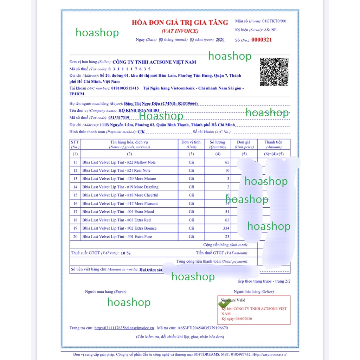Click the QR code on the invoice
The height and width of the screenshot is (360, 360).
pyautogui.click(x=274, y=72)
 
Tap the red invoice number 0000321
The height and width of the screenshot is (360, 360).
pyautogui.click(x=261, y=40)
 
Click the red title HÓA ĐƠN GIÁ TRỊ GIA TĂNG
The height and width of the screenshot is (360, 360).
pyautogui.click(x=180, y=22)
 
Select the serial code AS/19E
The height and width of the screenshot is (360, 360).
pyautogui.click(x=270, y=30)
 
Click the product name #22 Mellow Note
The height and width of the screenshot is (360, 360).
pyautogui.click(x=119, y=162)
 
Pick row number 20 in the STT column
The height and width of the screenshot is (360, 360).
pyautogui.click(x=75, y=237)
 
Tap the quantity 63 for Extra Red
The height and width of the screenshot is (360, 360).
pyautogui.click(x=227, y=220)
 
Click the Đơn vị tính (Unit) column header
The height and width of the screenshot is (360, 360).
pyautogui.click(x=191, y=144)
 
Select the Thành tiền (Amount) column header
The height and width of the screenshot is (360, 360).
pyautogui.click(x=274, y=144)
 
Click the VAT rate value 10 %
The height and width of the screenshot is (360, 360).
pyautogui.click(x=126, y=253)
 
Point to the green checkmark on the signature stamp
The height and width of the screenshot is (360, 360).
pyautogui.click(x=223, y=303)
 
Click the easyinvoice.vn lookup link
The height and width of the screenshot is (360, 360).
pyautogui.click(x=124, y=328)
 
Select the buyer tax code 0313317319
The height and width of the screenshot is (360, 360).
pyautogui.click(x=119, y=118)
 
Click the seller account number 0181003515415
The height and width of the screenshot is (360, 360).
pyautogui.click(x=125, y=88)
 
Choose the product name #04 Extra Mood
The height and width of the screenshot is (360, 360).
pyautogui.click(x=119, y=212)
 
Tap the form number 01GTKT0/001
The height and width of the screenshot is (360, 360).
pyautogui.click(x=274, y=21)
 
